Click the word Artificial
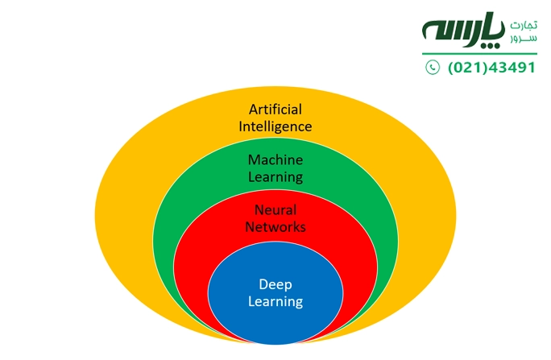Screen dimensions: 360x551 coord(275,110)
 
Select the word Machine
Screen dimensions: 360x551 coord(275,159)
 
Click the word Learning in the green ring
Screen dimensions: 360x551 coord(275,176)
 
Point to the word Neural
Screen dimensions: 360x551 coord(275,209)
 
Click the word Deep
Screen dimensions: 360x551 coord(275,284)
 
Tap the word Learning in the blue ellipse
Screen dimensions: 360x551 coord(275,302)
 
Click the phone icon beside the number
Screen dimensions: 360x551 coord(433,68)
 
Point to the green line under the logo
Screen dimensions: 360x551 coord(479,54)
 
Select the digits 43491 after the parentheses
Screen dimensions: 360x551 coord(513,68)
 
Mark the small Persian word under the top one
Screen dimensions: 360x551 coord(523,38)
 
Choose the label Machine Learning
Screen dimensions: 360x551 coord(275,168)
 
